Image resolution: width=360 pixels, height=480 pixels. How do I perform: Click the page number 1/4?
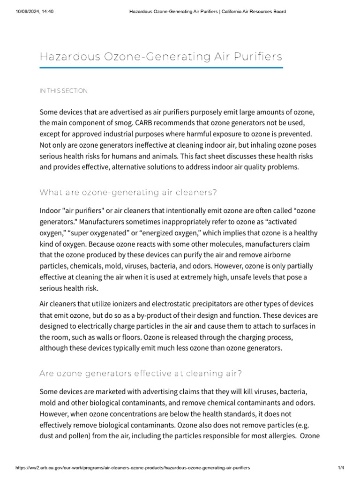point(341,468)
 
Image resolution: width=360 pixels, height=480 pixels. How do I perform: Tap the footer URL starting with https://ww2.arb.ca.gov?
point(133,468)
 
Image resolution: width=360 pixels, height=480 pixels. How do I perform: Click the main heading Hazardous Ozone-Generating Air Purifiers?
point(161,57)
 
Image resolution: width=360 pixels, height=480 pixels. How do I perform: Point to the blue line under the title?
point(161,68)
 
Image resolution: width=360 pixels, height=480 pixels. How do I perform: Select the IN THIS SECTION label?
point(63,91)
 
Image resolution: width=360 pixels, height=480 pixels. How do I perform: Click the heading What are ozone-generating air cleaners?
point(128,192)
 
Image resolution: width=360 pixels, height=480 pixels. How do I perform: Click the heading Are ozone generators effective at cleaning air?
point(141,374)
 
